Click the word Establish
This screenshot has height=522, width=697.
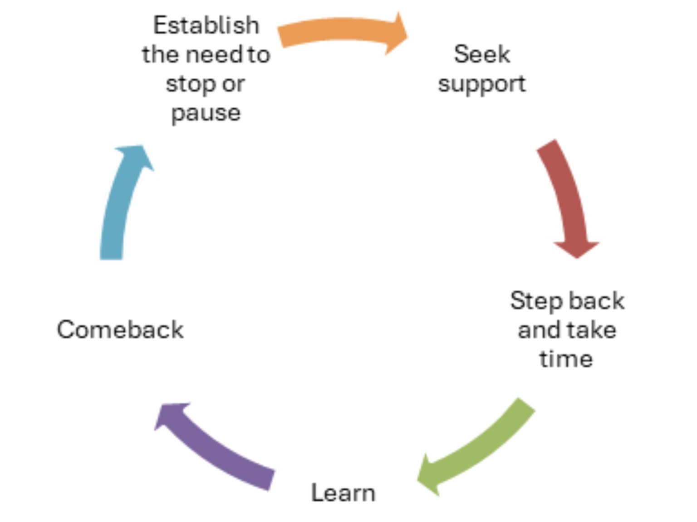[206, 25]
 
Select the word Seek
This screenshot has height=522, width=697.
[482, 54]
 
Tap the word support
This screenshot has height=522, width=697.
[482, 84]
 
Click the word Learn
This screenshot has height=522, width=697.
[343, 493]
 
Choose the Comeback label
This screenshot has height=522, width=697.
[120, 329]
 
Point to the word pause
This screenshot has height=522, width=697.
[206, 113]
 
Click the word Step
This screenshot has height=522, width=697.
[536, 301]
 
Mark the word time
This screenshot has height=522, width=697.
[566, 359]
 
